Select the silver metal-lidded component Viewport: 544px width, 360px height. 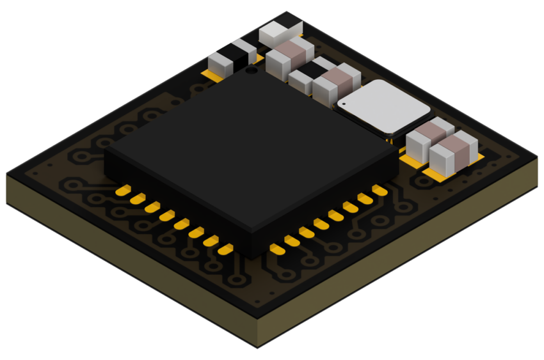(383, 107)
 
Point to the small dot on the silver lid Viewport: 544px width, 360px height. (344, 103)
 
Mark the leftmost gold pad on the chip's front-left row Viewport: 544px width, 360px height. (124, 190)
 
